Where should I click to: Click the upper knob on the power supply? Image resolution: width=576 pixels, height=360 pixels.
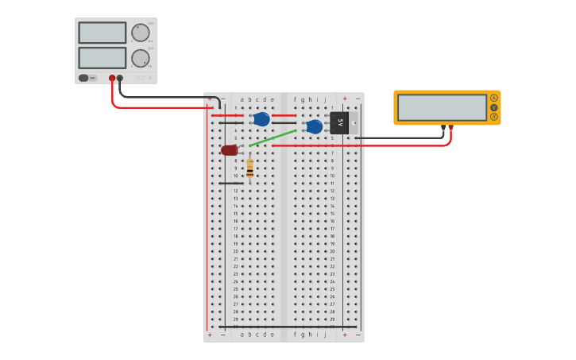pos(140,33)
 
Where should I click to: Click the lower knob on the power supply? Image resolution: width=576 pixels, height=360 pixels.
pos(140,58)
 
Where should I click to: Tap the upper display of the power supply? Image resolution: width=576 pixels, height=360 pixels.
pos(102,33)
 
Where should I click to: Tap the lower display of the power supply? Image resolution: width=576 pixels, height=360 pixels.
pos(102,58)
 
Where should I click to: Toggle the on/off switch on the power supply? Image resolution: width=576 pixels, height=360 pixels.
pos(84,78)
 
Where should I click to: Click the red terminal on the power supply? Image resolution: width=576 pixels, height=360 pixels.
pos(112,78)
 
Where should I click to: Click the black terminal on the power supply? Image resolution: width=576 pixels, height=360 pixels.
pos(120,78)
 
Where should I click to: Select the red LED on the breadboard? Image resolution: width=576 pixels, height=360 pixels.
pos(229,150)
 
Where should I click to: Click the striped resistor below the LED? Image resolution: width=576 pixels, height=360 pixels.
pos(249,168)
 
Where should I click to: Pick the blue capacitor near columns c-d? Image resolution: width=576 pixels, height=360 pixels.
pos(261,119)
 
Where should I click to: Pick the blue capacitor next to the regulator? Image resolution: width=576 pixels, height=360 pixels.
pos(315,126)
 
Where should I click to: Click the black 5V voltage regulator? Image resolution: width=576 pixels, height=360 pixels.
pos(339,122)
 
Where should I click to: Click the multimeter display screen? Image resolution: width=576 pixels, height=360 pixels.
pos(442,107)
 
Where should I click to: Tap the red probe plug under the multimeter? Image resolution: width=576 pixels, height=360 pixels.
pos(451,127)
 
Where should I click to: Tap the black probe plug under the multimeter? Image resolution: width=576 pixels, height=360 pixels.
pos(443,127)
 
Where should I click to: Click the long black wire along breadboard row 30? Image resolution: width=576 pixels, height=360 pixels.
pos(286,327)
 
